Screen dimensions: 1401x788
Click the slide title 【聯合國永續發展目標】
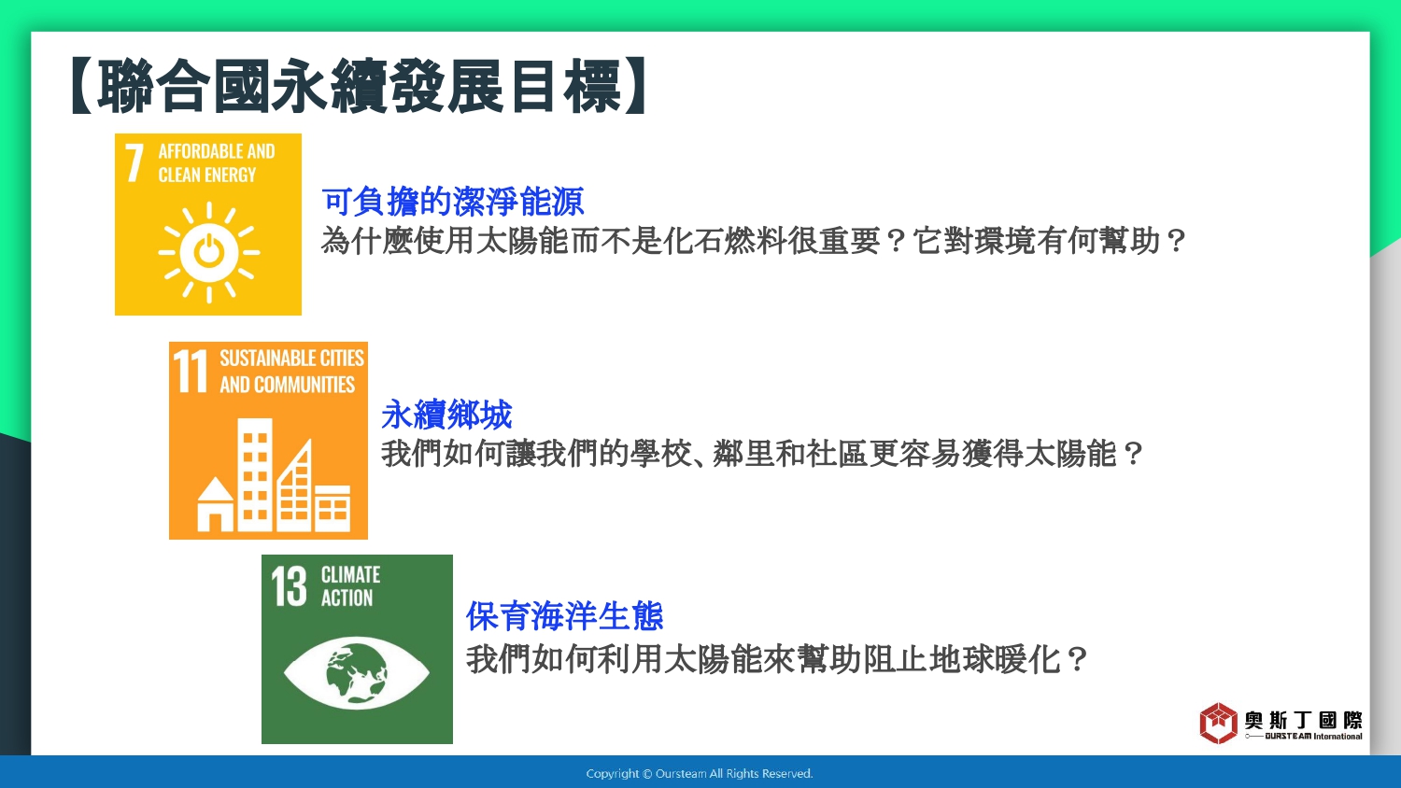(x=359, y=86)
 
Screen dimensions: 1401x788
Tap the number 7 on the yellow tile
(x=134, y=162)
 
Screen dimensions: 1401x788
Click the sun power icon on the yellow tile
(x=209, y=252)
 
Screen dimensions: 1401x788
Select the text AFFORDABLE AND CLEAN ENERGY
(x=217, y=162)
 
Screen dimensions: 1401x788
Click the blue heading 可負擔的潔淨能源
(x=453, y=202)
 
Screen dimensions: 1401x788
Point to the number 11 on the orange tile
(x=191, y=371)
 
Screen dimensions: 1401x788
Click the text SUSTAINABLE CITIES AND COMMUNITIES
(x=291, y=371)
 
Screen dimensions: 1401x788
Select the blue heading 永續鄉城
(x=446, y=415)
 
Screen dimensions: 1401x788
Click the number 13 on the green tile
(x=289, y=586)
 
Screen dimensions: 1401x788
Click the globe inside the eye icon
(x=357, y=673)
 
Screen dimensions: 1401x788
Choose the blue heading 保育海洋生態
(x=564, y=616)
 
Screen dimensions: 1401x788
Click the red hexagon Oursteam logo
(x=1218, y=723)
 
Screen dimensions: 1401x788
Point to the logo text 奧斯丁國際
(x=1303, y=721)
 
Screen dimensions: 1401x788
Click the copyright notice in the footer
(x=700, y=774)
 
